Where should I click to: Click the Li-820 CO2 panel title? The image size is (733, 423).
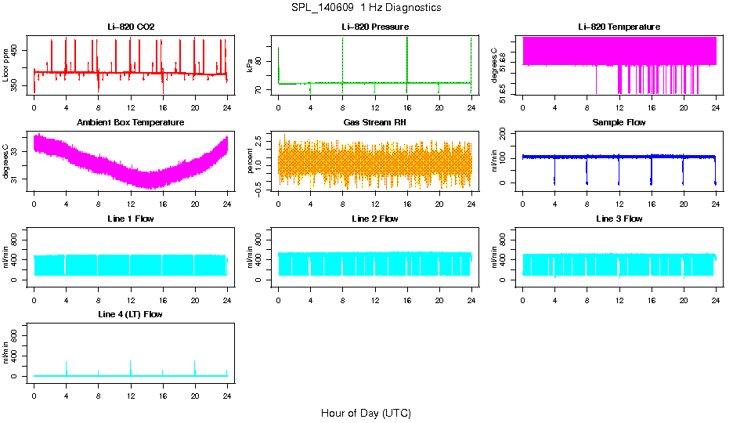(x=131, y=27)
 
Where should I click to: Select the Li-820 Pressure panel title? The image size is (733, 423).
(x=375, y=27)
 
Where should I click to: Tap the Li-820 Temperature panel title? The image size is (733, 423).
(x=619, y=27)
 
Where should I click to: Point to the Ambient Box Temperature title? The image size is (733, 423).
(x=131, y=123)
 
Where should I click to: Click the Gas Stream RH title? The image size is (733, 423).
(x=375, y=123)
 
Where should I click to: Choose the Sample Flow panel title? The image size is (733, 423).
(x=619, y=123)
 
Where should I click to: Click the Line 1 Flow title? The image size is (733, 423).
(x=131, y=219)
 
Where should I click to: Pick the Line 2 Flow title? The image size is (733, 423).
(x=375, y=219)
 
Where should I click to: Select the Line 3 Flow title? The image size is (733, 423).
(x=619, y=219)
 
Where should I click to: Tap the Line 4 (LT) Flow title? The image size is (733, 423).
(x=131, y=314)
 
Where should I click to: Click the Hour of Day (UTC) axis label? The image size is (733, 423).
(x=366, y=413)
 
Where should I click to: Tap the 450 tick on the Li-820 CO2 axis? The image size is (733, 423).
(x=19, y=49)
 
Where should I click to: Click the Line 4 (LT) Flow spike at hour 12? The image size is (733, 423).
(x=130, y=365)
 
